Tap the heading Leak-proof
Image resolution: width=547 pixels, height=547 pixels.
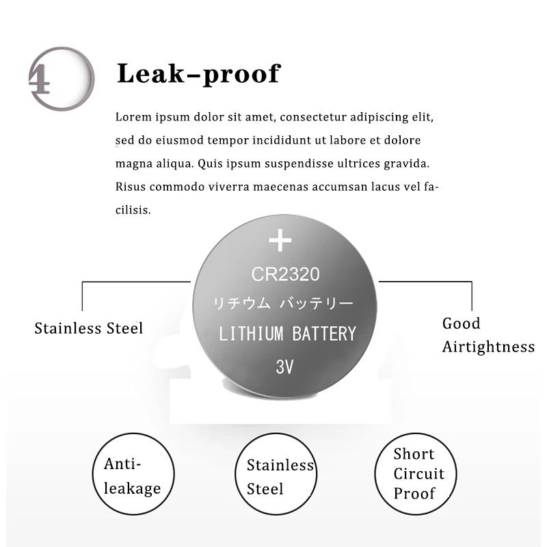198,73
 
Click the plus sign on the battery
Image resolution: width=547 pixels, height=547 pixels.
280,241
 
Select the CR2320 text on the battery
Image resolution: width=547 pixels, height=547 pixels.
285,275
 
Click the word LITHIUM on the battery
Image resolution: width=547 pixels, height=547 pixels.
251,334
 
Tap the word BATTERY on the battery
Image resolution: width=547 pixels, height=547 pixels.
324,334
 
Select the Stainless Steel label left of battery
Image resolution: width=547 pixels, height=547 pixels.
89,328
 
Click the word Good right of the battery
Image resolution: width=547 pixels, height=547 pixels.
462,323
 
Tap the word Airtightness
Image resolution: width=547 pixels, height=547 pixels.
488,347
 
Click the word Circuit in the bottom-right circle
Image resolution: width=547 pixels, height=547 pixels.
419,474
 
